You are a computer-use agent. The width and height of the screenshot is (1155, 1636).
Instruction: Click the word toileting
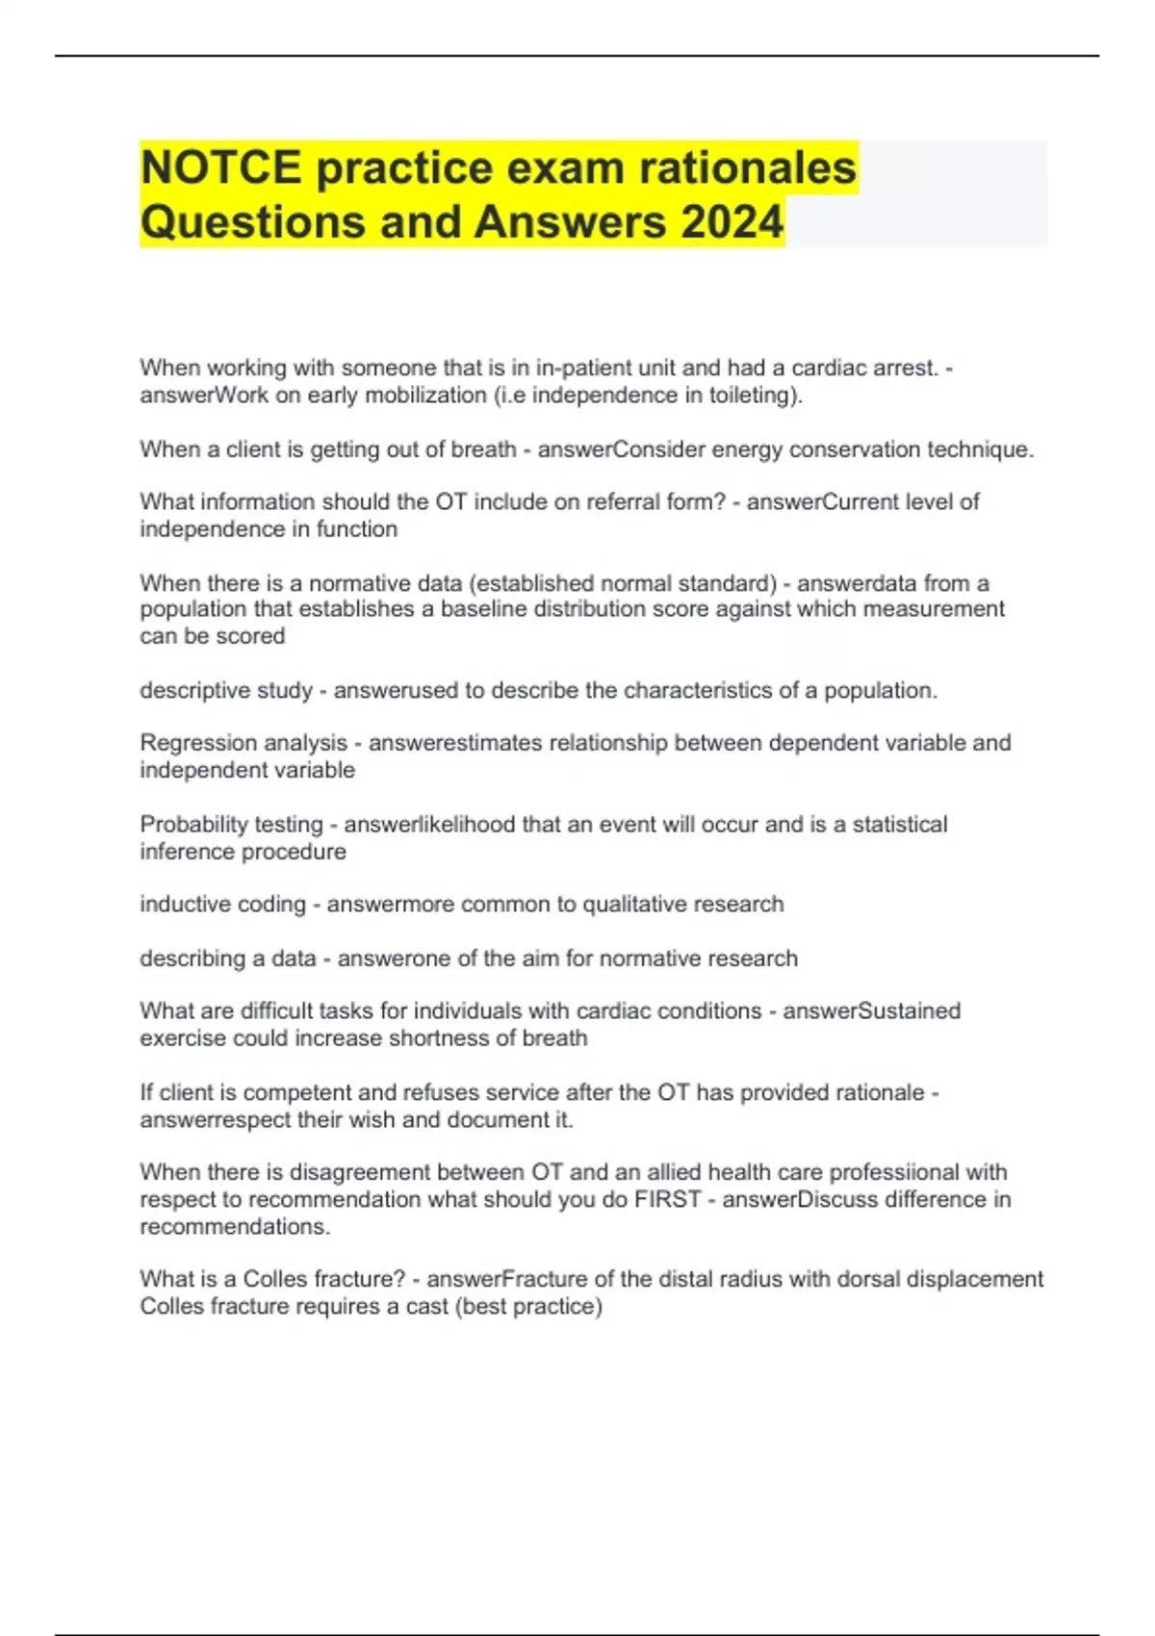pos(755,396)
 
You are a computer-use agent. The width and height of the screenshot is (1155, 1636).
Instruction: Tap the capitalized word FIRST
pos(666,1200)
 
